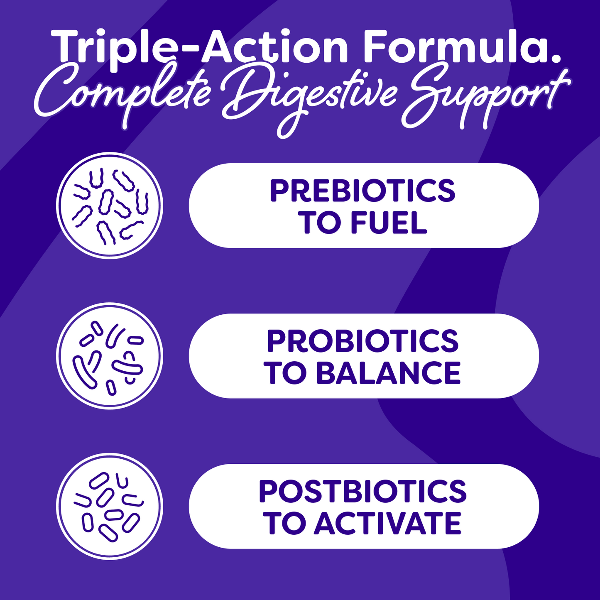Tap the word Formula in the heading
point(457,47)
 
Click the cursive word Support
point(484,96)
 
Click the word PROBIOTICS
point(362,341)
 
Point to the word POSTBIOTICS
point(362,492)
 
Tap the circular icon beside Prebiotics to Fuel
point(110,206)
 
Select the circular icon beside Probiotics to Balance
point(110,356)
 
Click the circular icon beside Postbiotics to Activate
point(110,506)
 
